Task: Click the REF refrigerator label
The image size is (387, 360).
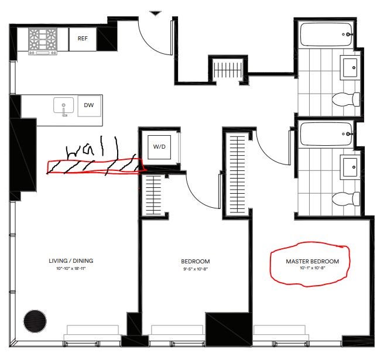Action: click(83, 39)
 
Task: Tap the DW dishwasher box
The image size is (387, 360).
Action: click(89, 105)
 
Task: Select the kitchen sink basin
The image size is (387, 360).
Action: click(63, 105)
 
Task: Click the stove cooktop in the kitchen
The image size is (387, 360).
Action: click(43, 40)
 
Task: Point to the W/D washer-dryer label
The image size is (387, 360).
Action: click(159, 147)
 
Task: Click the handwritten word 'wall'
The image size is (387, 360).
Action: click(91, 148)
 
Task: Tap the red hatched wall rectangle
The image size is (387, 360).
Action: click(95, 167)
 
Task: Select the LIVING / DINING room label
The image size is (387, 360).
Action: click(71, 261)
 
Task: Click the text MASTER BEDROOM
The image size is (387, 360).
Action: click(312, 261)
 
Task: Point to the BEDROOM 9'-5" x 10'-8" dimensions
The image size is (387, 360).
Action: click(196, 269)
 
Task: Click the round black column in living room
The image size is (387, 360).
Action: click(35, 321)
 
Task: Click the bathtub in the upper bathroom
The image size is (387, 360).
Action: click(326, 35)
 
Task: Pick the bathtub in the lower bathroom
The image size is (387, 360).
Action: click(326, 134)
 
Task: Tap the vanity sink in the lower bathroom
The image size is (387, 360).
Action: click(350, 167)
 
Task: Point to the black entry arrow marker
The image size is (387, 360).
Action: click(156, 13)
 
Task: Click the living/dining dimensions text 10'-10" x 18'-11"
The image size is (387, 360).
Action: click(71, 269)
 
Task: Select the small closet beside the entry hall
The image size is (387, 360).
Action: click(227, 69)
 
